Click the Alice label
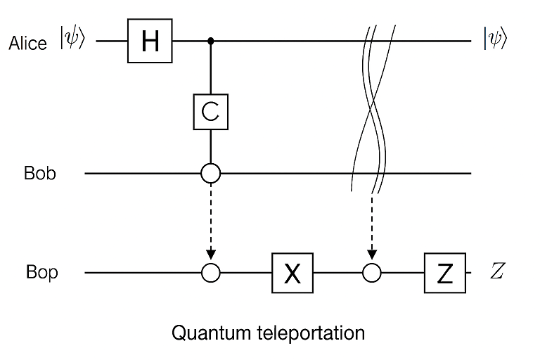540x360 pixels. point(28,43)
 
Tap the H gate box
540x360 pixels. point(150,41)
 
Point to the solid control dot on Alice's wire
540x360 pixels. point(211,41)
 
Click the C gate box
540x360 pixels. point(211,112)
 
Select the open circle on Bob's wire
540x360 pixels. point(211,172)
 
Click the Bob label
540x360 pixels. point(39,173)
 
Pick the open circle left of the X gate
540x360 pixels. point(211,272)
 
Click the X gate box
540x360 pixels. point(292,272)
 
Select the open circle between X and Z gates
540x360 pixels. point(373,272)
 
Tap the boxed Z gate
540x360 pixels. point(444,272)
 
